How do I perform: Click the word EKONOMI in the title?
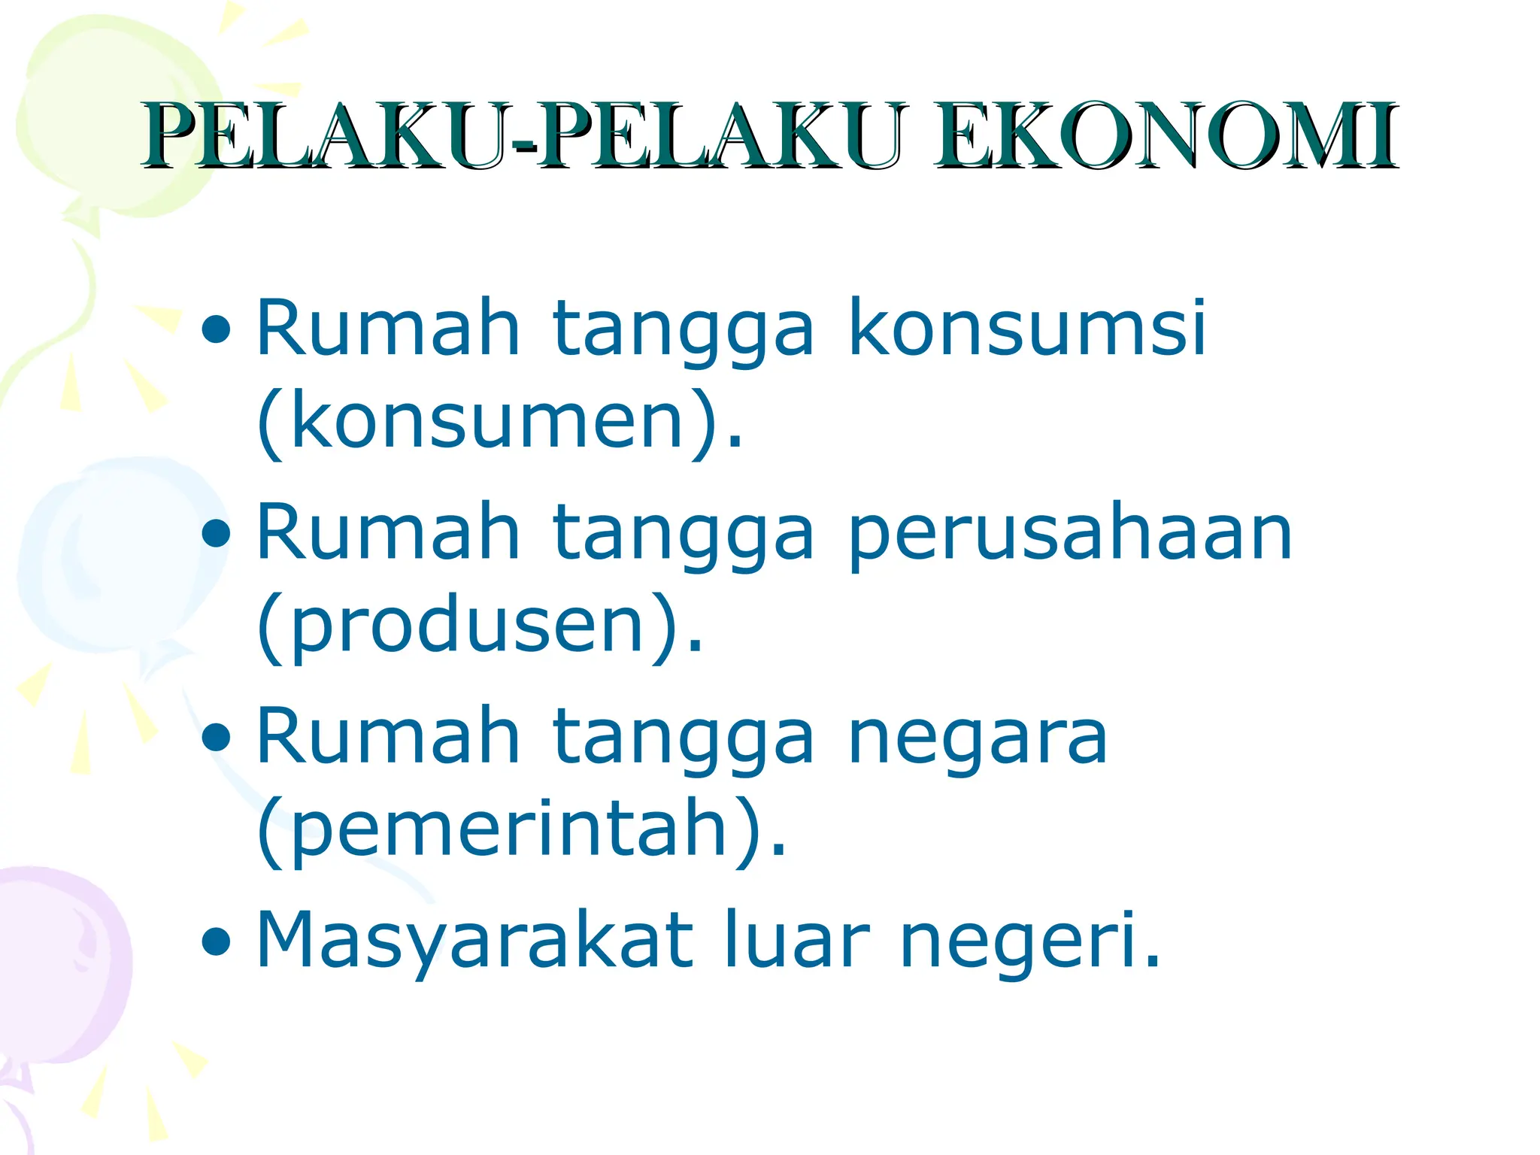point(1166,137)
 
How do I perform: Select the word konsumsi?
point(1027,329)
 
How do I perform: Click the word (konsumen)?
point(499,421)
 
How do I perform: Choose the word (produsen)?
point(480,626)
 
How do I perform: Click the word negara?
point(978,737)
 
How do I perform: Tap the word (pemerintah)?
point(521,829)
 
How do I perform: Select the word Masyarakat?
point(474,940)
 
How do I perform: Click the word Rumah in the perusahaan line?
point(388,533)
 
